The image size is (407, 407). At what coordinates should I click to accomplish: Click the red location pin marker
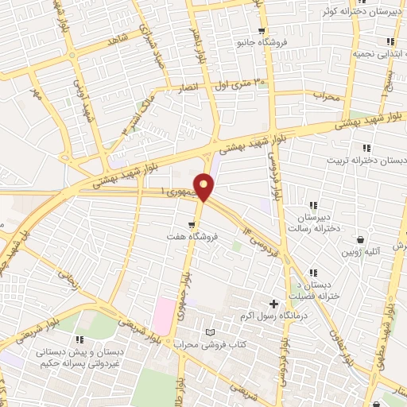click(x=204, y=188)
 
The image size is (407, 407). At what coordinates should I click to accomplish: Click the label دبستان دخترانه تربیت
click(x=366, y=160)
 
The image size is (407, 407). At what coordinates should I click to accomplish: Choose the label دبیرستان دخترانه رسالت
click(x=318, y=222)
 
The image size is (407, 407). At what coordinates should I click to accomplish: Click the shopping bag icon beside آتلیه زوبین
click(x=361, y=238)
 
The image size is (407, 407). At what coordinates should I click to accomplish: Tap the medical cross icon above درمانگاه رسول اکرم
click(x=274, y=304)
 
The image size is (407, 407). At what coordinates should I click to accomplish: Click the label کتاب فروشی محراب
click(x=211, y=344)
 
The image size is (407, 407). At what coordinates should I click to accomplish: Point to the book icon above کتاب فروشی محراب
click(x=210, y=331)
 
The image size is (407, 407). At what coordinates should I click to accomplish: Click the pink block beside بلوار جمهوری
click(x=163, y=315)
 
